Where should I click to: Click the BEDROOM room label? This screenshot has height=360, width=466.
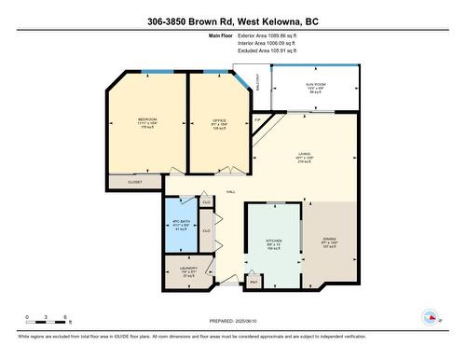point(147,120)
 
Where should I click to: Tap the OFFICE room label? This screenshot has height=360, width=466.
point(220,120)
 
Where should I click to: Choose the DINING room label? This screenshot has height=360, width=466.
point(330,240)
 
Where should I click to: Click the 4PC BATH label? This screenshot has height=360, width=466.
point(180,224)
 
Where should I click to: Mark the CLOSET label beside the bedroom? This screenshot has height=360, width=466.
point(135,183)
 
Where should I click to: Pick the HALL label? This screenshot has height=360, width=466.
point(229,192)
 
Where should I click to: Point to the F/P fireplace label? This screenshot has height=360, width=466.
point(258,120)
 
